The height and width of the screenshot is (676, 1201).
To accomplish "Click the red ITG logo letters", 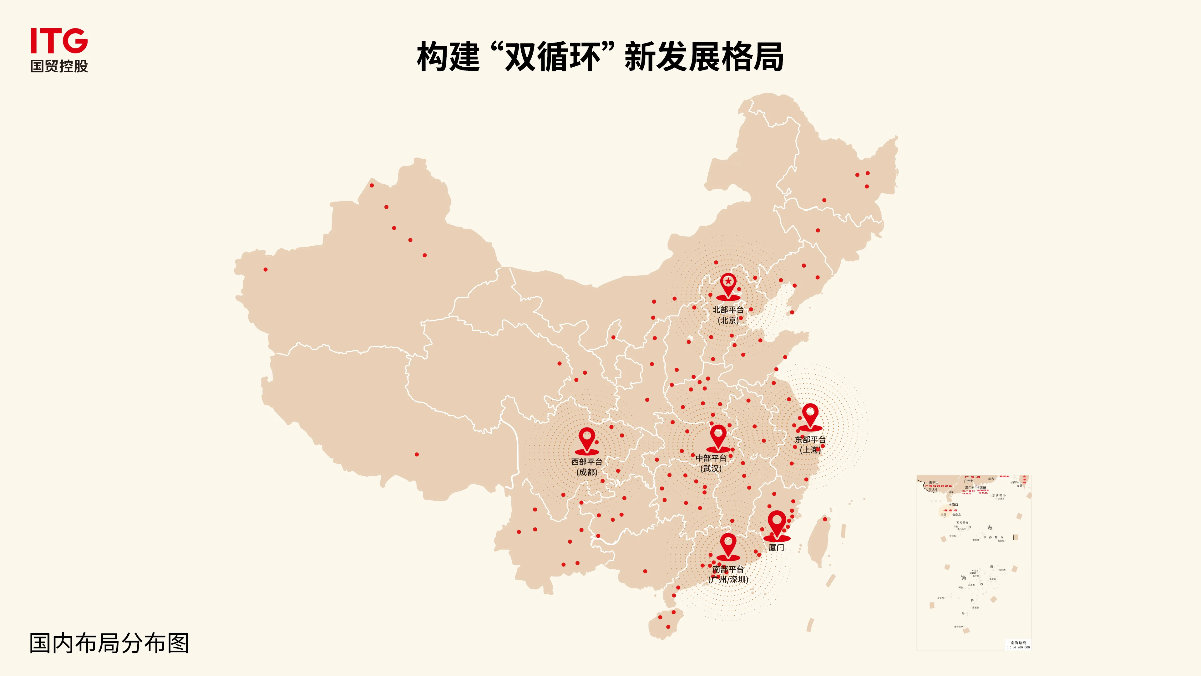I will (x=59, y=41).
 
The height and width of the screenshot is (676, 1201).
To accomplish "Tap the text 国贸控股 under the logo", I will (x=59, y=66).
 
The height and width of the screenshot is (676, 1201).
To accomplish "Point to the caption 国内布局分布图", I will (x=109, y=643).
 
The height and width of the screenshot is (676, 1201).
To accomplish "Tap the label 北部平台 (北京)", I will (x=728, y=315).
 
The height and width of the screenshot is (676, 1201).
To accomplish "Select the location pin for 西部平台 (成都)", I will (x=586, y=439).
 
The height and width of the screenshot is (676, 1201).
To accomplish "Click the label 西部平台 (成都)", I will (x=586, y=467).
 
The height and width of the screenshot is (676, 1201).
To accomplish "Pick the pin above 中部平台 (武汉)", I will (x=718, y=436).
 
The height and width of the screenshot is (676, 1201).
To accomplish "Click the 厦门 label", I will (x=776, y=548).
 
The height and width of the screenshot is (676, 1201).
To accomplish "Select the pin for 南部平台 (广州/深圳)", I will (x=728, y=545).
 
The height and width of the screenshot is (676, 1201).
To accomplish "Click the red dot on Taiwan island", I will (x=825, y=519).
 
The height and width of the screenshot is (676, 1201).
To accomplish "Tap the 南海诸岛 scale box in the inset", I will (x=1018, y=645).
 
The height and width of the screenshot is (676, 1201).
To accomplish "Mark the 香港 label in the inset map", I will (x=983, y=488).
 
